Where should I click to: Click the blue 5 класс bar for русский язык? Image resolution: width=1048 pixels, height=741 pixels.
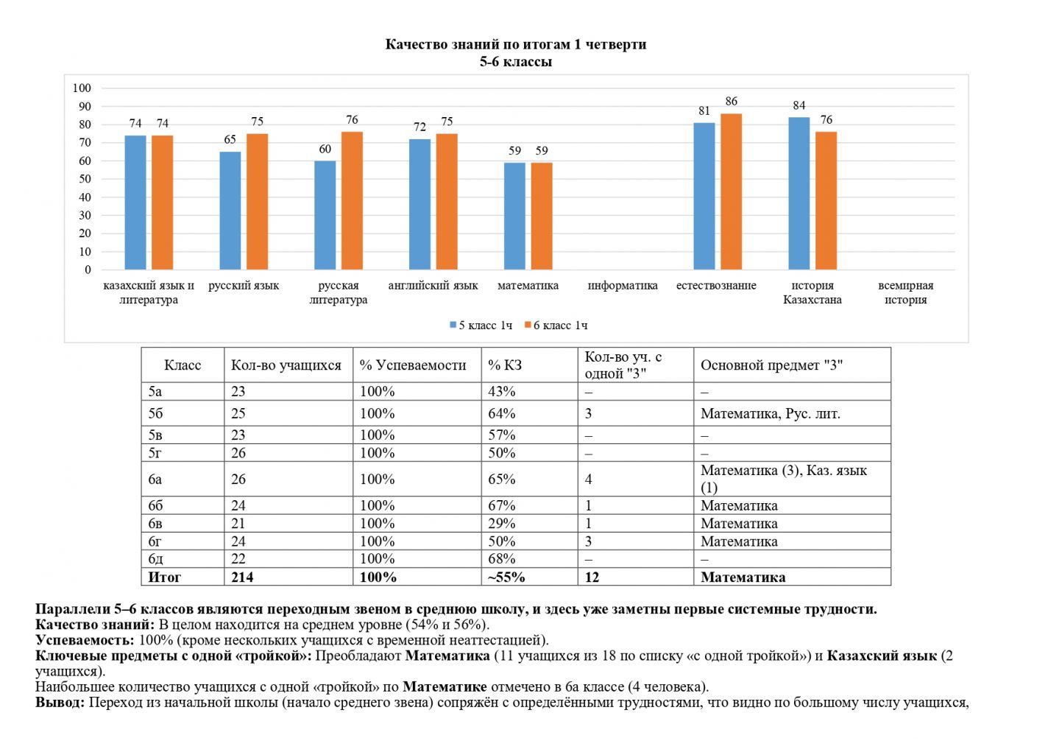point(230,211)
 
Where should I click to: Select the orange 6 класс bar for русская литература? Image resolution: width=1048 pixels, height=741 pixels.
point(352,200)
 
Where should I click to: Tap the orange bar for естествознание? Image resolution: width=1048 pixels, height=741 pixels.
point(731,192)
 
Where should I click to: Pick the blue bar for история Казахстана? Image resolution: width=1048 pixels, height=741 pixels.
point(799,193)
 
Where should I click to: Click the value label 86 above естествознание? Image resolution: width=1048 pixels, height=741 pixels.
point(731,102)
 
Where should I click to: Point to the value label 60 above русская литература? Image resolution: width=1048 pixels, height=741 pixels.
point(325,149)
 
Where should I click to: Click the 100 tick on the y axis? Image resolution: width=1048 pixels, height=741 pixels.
point(82,88)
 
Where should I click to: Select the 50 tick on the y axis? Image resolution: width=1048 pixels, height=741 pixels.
point(85,179)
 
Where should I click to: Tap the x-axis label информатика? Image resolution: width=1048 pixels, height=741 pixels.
point(623,286)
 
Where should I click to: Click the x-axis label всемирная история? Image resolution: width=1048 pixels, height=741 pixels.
point(905,292)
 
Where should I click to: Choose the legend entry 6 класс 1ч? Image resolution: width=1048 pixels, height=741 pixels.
point(556,326)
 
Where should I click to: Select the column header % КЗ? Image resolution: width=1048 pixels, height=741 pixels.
point(504,365)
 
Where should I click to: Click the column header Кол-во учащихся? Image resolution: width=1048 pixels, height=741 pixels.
point(286,365)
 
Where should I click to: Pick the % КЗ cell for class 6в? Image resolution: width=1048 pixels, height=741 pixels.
point(501,524)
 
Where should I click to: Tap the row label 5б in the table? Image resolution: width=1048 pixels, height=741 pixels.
point(155,413)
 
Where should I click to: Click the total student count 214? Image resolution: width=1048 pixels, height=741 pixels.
point(242,577)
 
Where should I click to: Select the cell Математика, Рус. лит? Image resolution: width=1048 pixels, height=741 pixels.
point(770,414)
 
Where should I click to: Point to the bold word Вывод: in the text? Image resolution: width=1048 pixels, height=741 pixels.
point(60,703)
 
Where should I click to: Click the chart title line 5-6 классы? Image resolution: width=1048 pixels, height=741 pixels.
point(515,62)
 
